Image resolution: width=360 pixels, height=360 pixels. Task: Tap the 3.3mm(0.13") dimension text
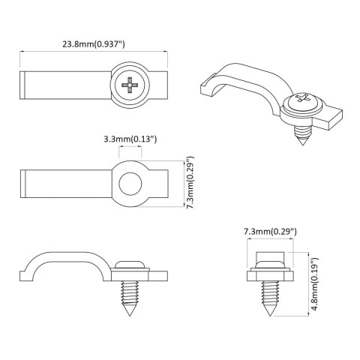130,139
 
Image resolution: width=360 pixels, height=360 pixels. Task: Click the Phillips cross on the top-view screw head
130,85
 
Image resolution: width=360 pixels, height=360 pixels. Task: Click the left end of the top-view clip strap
22,85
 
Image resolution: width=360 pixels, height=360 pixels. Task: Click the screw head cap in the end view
268,259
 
